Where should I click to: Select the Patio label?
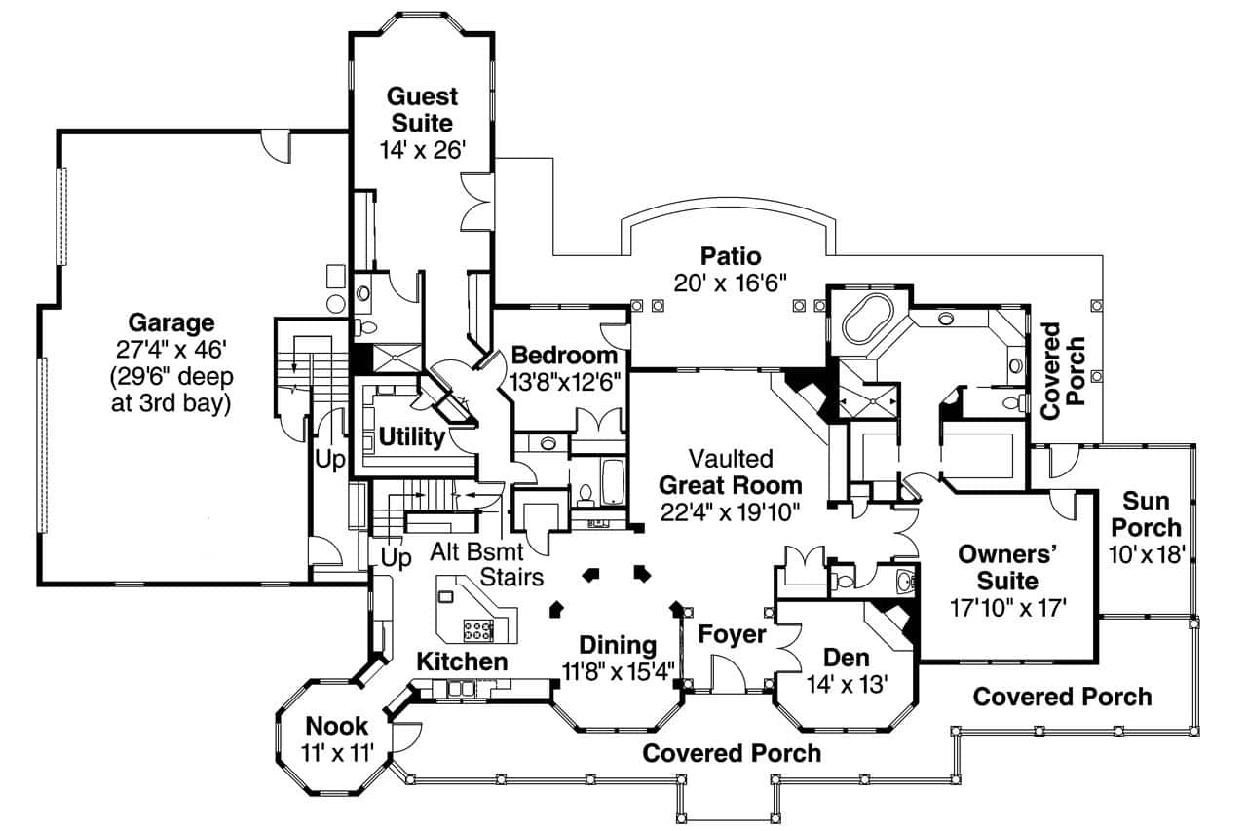pyautogui.click(x=730, y=256)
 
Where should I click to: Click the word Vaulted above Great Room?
pyautogui.click(x=730, y=458)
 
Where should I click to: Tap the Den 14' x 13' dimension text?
pyautogui.click(x=847, y=684)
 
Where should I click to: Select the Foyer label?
pyautogui.click(x=733, y=635)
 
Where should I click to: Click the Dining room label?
pyautogui.click(x=618, y=645)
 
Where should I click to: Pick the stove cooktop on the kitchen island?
pyautogui.click(x=477, y=629)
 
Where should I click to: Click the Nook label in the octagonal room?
pyautogui.click(x=336, y=726)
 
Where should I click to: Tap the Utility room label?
pyautogui.click(x=411, y=437)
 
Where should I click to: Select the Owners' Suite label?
pyautogui.click(x=1008, y=554)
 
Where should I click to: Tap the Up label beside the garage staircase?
pyautogui.click(x=331, y=460)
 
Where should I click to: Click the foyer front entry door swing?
pyautogui.click(x=727, y=672)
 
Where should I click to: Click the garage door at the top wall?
pyautogui.click(x=276, y=147)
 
